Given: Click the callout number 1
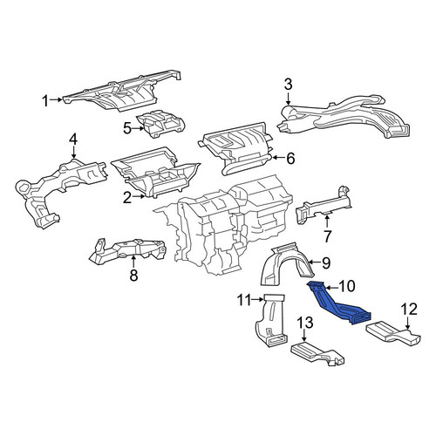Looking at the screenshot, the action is click(x=45, y=101).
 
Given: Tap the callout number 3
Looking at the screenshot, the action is click(x=288, y=85).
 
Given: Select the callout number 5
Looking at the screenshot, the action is click(x=127, y=128).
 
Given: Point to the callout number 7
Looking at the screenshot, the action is click(x=327, y=236).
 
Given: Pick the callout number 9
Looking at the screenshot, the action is click(x=326, y=262).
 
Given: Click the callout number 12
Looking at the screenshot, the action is click(x=409, y=310).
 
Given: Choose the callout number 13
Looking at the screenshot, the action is click(x=304, y=323).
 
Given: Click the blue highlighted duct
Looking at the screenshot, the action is click(x=337, y=305).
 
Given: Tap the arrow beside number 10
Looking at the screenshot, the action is click(x=331, y=288).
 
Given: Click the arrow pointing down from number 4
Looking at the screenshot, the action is click(x=73, y=153).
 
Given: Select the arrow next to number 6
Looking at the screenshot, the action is click(x=277, y=158).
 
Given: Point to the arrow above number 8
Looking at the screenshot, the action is click(x=133, y=261).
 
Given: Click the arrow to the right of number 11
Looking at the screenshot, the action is click(x=258, y=299).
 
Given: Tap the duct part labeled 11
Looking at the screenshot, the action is click(x=270, y=321).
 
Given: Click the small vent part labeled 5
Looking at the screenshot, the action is click(x=160, y=124).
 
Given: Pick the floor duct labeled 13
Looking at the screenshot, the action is click(x=317, y=353).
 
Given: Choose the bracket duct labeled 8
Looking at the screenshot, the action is click(x=128, y=250).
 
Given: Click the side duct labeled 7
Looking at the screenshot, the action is click(x=323, y=206).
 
